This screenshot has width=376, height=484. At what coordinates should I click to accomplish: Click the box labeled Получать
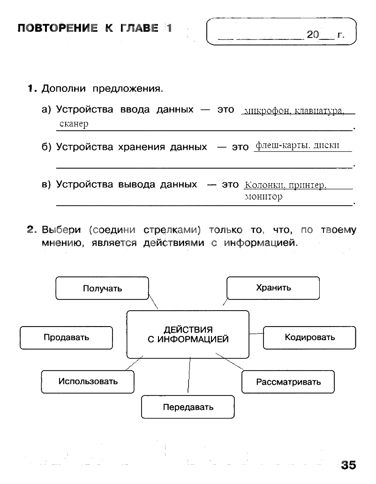102,288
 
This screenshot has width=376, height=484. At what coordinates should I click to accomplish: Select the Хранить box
273,288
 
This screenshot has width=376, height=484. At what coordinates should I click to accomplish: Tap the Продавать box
66,337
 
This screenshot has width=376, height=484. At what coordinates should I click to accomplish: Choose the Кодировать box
309,337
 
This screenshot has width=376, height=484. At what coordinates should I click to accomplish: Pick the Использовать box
88,381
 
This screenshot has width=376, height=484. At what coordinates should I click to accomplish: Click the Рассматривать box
288,382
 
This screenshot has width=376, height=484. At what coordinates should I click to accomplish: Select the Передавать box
188,407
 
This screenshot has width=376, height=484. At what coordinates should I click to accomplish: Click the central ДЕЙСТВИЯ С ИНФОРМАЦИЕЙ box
188,335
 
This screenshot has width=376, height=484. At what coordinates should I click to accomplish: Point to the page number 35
348,465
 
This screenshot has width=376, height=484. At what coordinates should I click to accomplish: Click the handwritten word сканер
74,124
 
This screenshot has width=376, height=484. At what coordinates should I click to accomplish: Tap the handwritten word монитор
263,197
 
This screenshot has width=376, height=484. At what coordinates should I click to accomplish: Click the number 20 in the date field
313,35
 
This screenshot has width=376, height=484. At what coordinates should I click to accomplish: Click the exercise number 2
31,230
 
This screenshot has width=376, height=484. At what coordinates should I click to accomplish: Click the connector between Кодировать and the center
256,334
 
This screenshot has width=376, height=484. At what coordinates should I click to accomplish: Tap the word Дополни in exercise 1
65,89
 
